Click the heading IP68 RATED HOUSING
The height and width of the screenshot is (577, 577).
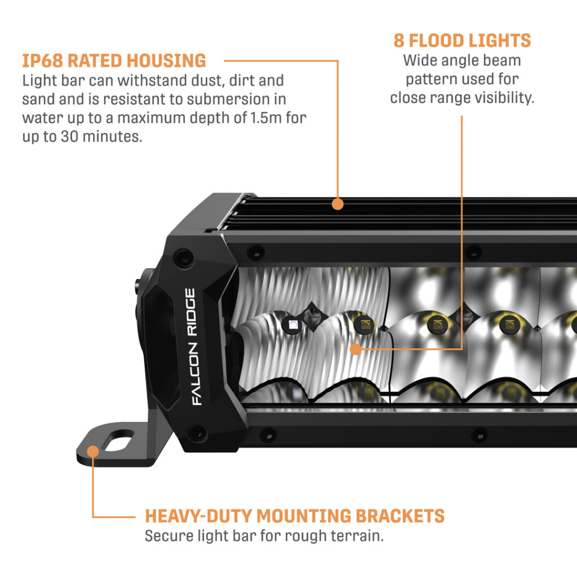[114, 60]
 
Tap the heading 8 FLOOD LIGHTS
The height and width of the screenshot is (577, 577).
[462, 41]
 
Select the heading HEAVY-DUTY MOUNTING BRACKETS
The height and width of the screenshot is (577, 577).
[295, 516]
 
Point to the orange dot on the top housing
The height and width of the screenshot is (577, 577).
[338, 204]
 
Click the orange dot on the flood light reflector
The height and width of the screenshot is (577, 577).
[356, 349]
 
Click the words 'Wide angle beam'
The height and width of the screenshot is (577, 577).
[462, 60]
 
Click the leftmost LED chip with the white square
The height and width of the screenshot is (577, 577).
[292, 323]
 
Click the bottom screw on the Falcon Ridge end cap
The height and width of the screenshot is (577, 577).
[197, 432]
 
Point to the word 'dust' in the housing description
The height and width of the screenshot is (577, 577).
[202, 81]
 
